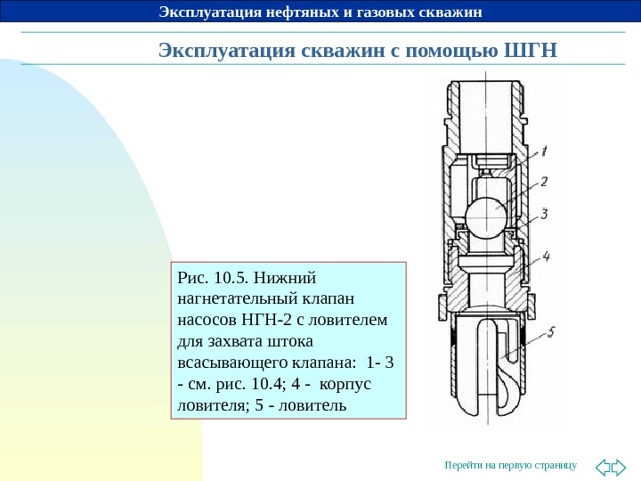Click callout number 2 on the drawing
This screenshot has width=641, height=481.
(544, 181)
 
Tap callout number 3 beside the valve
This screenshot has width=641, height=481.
(544, 214)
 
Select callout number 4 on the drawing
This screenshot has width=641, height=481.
(547, 255)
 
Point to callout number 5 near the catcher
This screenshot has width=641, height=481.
(552, 333)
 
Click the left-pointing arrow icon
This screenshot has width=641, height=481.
(602, 466)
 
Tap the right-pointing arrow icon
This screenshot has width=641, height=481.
(620, 466)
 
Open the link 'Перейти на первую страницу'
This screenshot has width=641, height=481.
(510, 466)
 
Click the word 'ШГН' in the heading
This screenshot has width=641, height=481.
(530, 49)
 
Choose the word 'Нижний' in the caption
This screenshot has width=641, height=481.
(292, 274)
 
